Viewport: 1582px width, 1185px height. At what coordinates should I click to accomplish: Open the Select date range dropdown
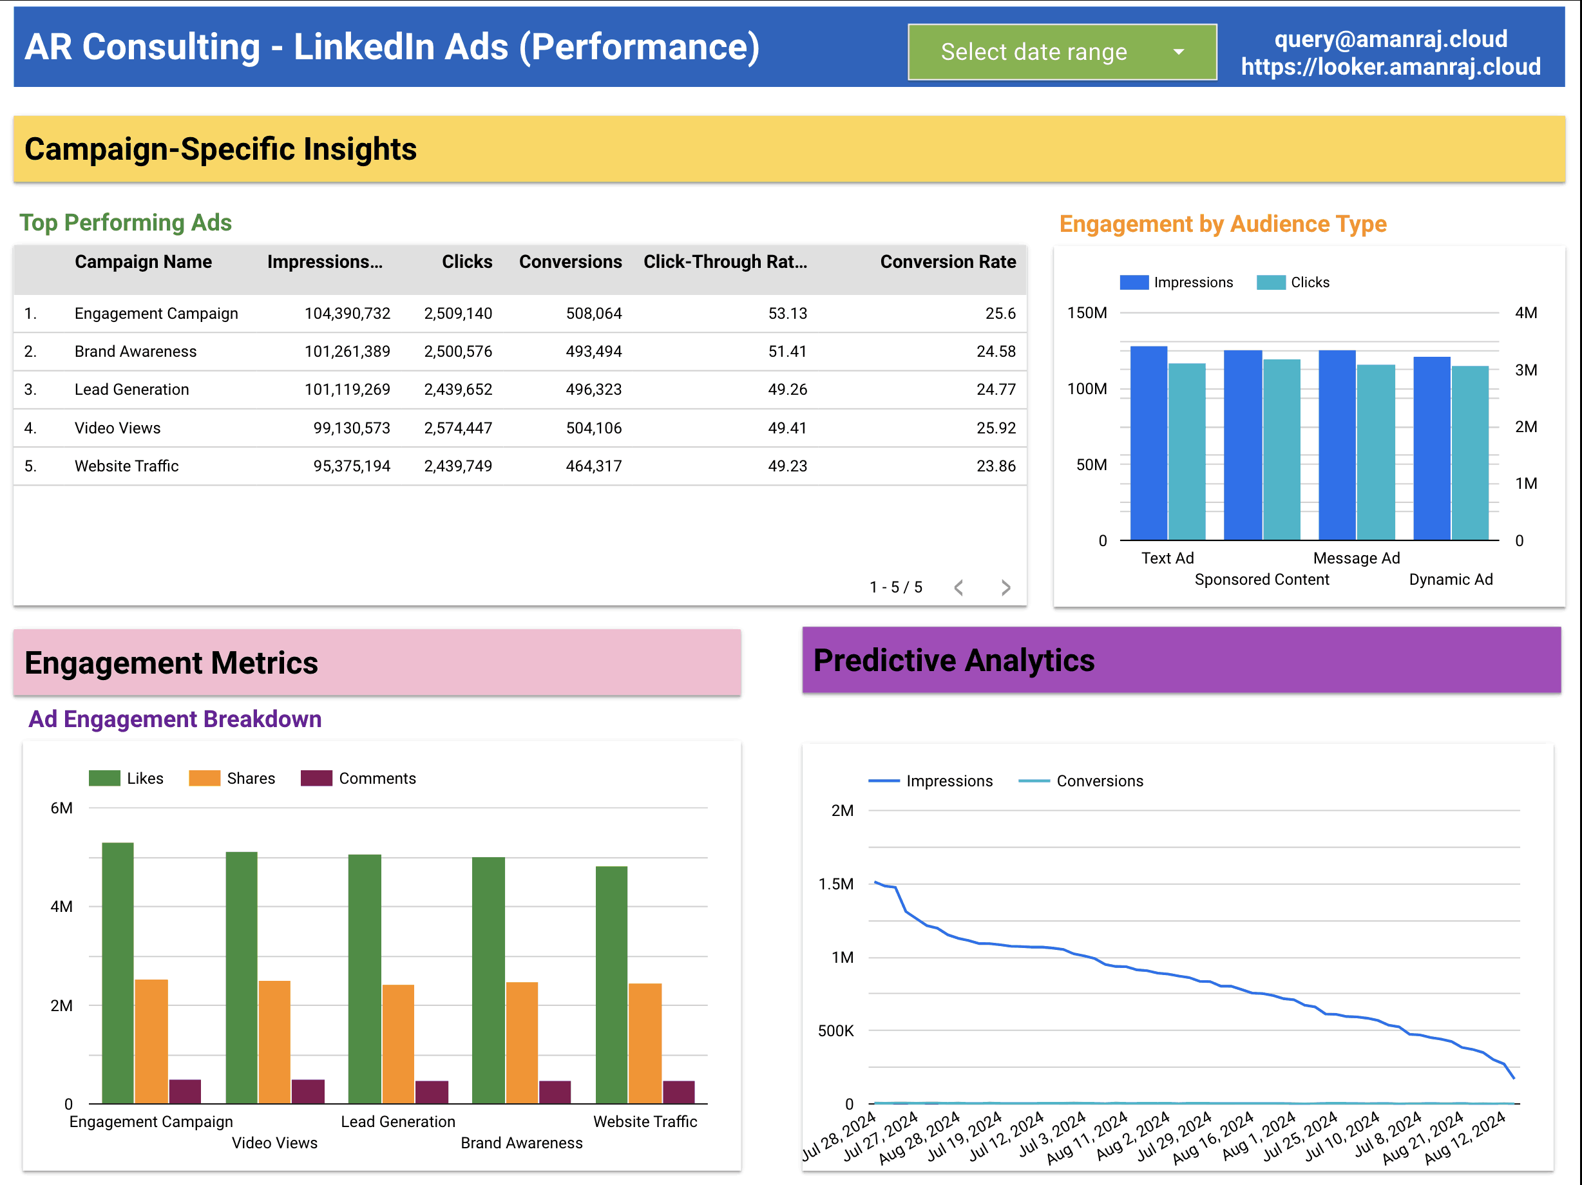click(1062, 52)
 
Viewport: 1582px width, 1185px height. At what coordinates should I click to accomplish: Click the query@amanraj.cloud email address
click(1390, 39)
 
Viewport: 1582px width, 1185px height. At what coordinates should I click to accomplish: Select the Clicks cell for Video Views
click(458, 428)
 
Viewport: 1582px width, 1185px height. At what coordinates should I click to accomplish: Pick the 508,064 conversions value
click(594, 313)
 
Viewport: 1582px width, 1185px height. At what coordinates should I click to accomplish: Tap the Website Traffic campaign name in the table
click(127, 466)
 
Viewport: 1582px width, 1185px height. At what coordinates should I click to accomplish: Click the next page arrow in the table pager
click(1005, 587)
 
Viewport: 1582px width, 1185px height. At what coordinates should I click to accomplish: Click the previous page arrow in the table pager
click(959, 587)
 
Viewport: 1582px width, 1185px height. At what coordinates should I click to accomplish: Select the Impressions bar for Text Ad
click(1148, 443)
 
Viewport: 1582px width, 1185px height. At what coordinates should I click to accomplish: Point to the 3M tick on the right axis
click(1525, 370)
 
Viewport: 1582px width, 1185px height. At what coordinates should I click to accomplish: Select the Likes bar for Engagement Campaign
click(118, 972)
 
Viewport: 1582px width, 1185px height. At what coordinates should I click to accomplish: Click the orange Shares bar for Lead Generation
click(398, 1044)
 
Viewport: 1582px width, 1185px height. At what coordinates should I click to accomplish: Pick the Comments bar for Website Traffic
click(679, 1092)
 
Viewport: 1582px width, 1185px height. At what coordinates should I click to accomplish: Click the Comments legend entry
click(358, 778)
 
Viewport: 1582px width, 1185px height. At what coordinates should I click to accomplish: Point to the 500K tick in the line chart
click(835, 1030)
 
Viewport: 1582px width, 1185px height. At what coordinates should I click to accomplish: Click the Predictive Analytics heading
click(953, 660)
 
